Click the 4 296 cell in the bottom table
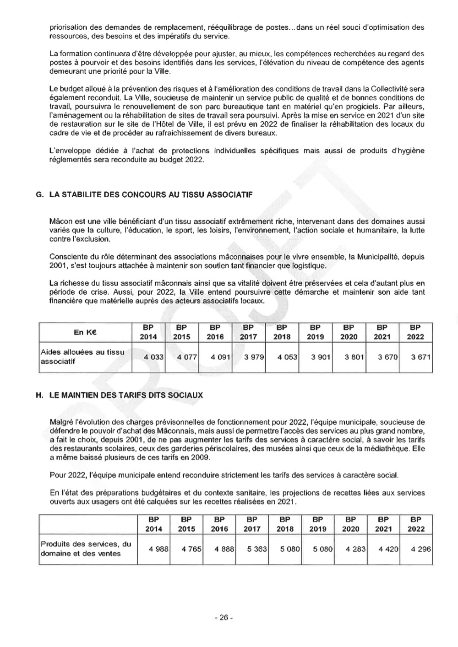click(421, 549)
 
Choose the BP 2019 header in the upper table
click(315, 332)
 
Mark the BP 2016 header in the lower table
click(219, 524)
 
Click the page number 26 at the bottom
click(224, 617)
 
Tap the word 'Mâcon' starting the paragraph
click(60, 221)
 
